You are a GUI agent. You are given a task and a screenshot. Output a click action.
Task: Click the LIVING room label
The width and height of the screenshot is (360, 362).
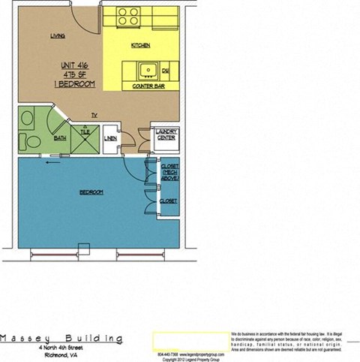[56, 36]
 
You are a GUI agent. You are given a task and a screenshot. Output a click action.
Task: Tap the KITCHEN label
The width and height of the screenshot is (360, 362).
[140, 46]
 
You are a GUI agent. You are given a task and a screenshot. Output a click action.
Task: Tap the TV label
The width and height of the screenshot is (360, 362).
[94, 115]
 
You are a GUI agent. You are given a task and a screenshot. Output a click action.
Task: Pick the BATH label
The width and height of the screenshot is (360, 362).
[59, 138]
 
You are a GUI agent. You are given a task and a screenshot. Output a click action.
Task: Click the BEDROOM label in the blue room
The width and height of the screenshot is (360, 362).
[91, 193]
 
